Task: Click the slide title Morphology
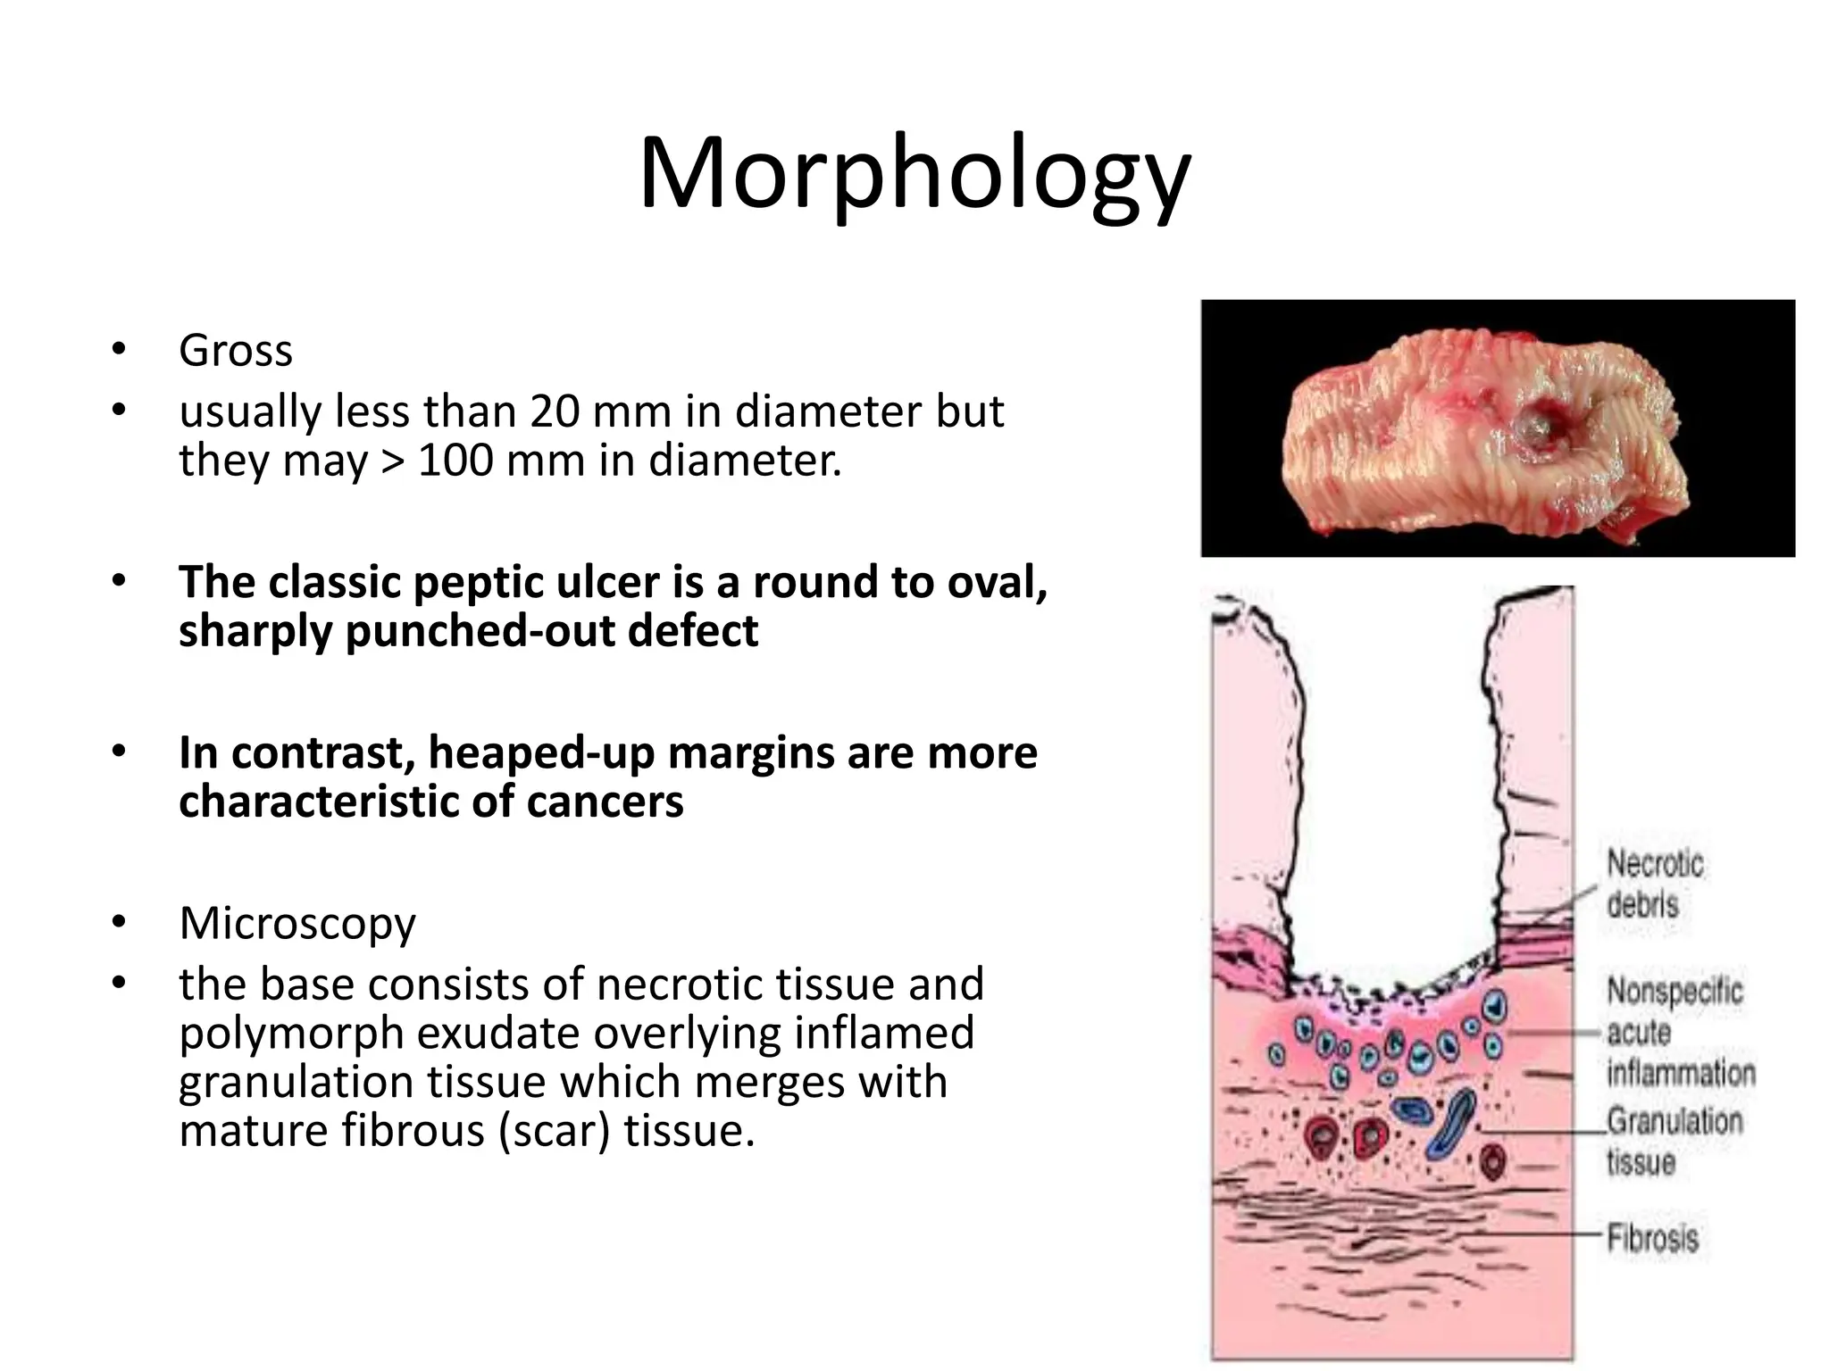pyautogui.click(x=914, y=174)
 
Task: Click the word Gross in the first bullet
pyautogui.click(x=236, y=350)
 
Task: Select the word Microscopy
pyautogui.click(x=297, y=923)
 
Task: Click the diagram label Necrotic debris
pyautogui.click(x=1654, y=884)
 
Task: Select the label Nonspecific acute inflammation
pyautogui.click(x=1679, y=1032)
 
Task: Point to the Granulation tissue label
pyautogui.click(x=1674, y=1142)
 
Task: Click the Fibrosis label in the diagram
pyautogui.click(x=1652, y=1238)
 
